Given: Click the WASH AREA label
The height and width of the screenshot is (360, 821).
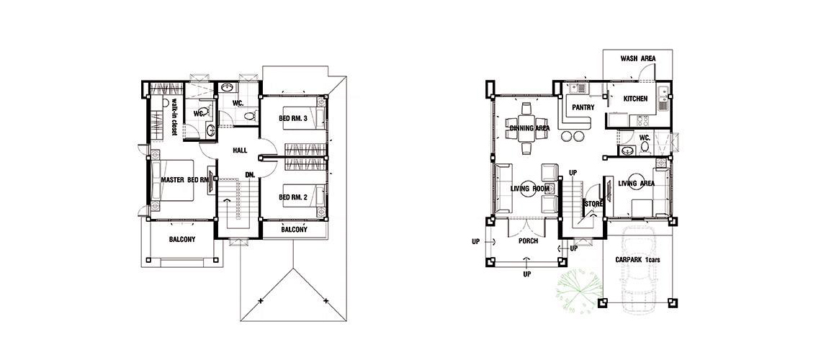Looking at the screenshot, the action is pyautogui.click(x=638, y=58).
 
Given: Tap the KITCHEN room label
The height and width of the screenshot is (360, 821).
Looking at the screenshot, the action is pyautogui.click(x=636, y=99).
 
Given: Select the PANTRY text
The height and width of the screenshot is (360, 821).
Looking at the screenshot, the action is pyautogui.click(x=583, y=108).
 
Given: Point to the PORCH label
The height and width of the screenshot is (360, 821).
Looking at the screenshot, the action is pyautogui.click(x=529, y=241).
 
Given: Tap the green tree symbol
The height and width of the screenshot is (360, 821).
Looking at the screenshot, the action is pyautogui.click(x=578, y=291).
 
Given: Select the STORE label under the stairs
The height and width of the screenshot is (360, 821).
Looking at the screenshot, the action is pyautogui.click(x=593, y=204).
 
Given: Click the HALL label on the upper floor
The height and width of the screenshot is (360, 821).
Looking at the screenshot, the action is pyautogui.click(x=241, y=150).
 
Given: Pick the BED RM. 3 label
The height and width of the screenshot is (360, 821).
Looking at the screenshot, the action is pyautogui.click(x=292, y=118).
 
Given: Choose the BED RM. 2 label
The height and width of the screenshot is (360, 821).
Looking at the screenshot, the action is pyautogui.click(x=292, y=197).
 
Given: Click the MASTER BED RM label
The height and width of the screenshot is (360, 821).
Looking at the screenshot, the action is pyautogui.click(x=185, y=180).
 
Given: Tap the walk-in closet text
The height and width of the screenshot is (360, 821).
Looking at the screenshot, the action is pyautogui.click(x=174, y=117).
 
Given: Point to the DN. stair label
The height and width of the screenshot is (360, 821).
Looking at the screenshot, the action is pyautogui.click(x=250, y=175).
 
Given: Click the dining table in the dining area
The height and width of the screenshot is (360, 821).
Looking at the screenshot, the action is pyautogui.click(x=527, y=128).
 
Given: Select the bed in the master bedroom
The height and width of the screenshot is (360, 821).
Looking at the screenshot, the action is pyautogui.click(x=172, y=181).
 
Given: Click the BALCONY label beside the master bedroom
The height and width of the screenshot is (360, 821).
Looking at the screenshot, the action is pyautogui.click(x=182, y=240).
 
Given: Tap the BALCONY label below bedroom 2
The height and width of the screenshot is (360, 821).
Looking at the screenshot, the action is pyautogui.click(x=295, y=229).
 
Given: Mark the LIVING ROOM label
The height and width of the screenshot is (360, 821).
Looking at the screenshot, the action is pyautogui.click(x=529, y=189).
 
